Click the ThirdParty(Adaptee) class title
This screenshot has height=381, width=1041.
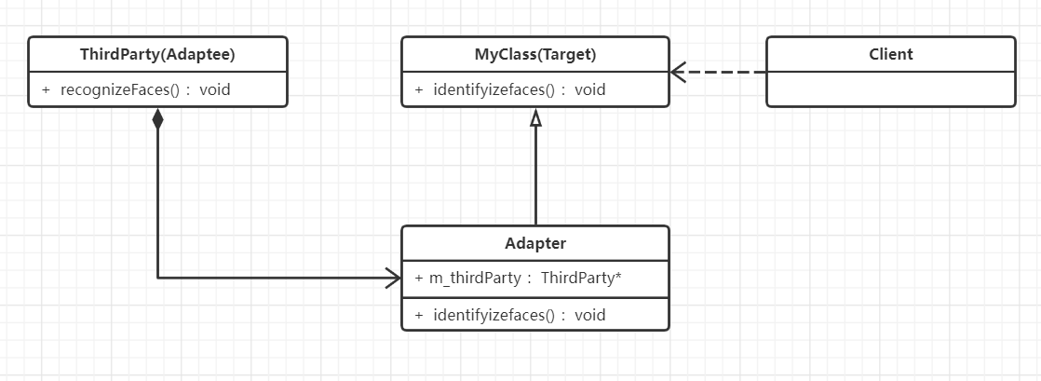(157, 55)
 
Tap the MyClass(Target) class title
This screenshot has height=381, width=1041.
(534, 55)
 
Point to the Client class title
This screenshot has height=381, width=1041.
(890, 54)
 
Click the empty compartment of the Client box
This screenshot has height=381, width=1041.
(890, 89)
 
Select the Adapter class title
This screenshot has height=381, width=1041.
(534, 243)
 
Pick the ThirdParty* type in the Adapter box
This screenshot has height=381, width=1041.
(581, 278)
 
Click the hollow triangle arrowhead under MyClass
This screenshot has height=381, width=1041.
(535, 118)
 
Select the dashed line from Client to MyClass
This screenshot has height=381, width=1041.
(726, 72)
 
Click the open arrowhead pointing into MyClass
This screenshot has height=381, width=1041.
(678, 72)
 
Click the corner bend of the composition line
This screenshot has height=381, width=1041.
(157, 277)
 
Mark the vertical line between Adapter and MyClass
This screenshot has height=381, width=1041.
(535, 177)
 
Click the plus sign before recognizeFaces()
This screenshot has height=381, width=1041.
(46, 90)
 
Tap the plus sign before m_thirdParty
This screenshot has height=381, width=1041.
(418, 278)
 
